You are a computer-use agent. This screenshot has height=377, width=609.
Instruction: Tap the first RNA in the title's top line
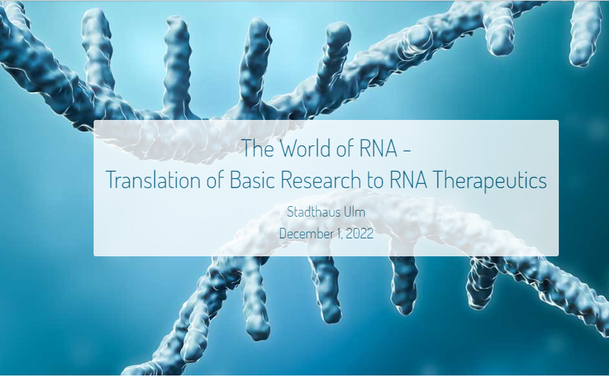[378, 148]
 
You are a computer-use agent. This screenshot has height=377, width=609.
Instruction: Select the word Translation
[154, 180]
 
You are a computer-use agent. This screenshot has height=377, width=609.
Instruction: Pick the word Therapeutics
[489, 181]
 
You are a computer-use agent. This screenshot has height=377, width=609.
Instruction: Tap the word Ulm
[354, 212]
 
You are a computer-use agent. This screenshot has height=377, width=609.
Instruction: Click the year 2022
[360, 233]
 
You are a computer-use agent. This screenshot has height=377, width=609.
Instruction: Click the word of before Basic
[215, 180]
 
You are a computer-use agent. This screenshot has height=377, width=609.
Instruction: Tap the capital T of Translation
[111, 180]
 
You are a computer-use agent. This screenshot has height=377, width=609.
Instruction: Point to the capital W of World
[288, 148]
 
